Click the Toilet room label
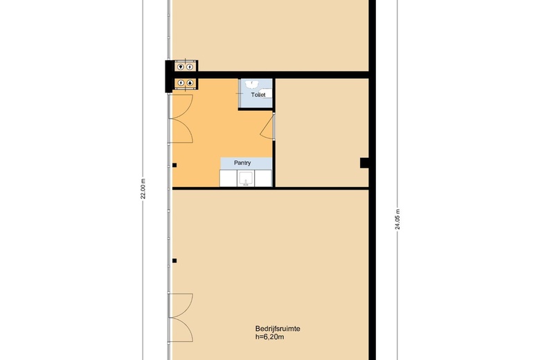[x=258, y=95]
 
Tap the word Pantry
[x=242, y=163]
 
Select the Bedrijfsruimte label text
[x=278, y=329]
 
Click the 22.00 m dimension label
[x=143, y=189]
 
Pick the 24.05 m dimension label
[x=398, y=219]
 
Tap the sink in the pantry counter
[x=246, y=179]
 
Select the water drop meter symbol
[x=190, y=82]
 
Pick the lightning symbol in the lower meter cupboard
[x=181, y=82]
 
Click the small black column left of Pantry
[x=174, y=165]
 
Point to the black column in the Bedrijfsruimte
[x=174, y=261]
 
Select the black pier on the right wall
[x=365, y=163]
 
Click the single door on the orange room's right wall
[x=268, y=127]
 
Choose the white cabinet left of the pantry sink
[x=228, y=179]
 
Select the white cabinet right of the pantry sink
[x=263, y=179]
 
